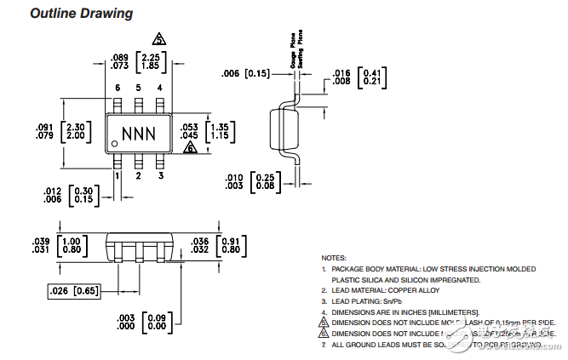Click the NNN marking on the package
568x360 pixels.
pos(138,134)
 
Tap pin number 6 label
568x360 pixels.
pos(118,88)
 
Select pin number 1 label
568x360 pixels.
pos(118,176)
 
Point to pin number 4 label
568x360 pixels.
pos(159,88)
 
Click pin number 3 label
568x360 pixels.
pos(159,176)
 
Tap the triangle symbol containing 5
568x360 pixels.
pos(158,39)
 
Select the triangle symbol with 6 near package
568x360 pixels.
pos(191,147)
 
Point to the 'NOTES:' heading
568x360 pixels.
pos(334,257)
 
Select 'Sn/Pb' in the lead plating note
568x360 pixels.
pos(392,301)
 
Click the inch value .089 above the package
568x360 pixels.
pos(120,57)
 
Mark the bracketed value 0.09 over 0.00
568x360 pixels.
pos(156,322)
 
